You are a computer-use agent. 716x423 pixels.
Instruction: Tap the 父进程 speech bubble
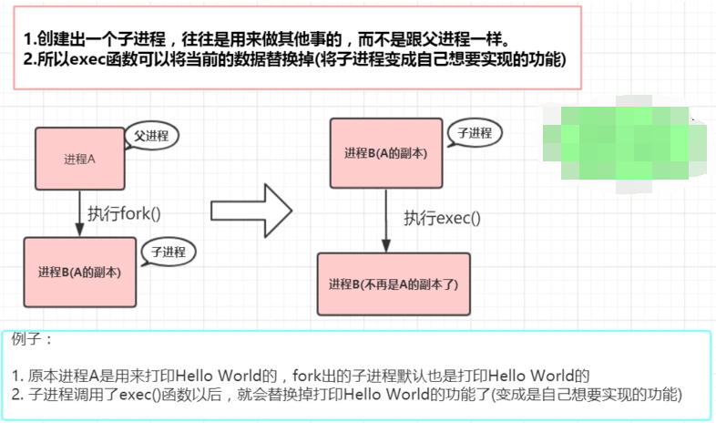point(151,136)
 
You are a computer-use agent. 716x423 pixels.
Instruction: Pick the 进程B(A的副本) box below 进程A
point(81,271)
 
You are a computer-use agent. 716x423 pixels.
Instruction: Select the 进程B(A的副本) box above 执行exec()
point(386,153)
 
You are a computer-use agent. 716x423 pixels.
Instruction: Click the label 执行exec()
point(442,218)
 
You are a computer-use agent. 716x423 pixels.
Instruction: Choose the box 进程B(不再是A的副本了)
point(394,284)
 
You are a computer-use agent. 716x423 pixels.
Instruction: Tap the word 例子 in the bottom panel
point(33,339)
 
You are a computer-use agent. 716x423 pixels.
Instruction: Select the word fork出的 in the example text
point(321,375)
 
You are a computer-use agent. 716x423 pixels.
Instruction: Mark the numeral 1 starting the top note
point(28,42)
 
